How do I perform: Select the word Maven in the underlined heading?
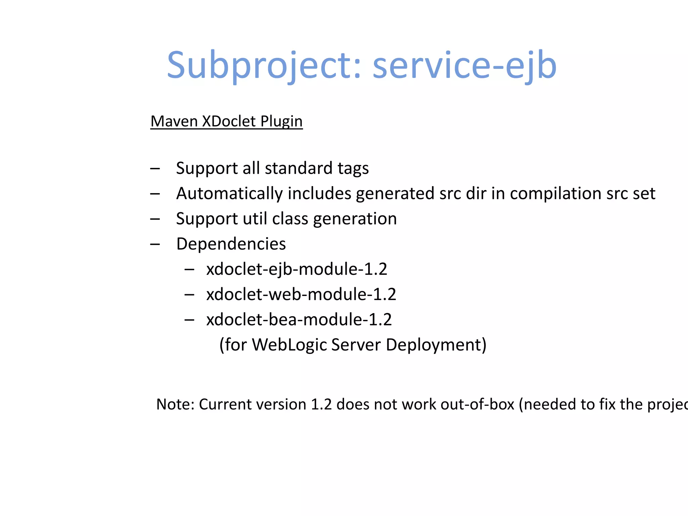tap(174, 121)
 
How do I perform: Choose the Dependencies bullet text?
tap(231, 244)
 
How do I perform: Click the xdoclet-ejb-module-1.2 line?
tap(297, 269)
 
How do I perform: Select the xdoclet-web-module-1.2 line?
tap(301, 294)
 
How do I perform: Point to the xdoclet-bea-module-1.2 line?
tap(299, 319)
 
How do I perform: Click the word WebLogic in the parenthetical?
tap(289, 345)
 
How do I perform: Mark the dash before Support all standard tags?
tap(155, 169)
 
